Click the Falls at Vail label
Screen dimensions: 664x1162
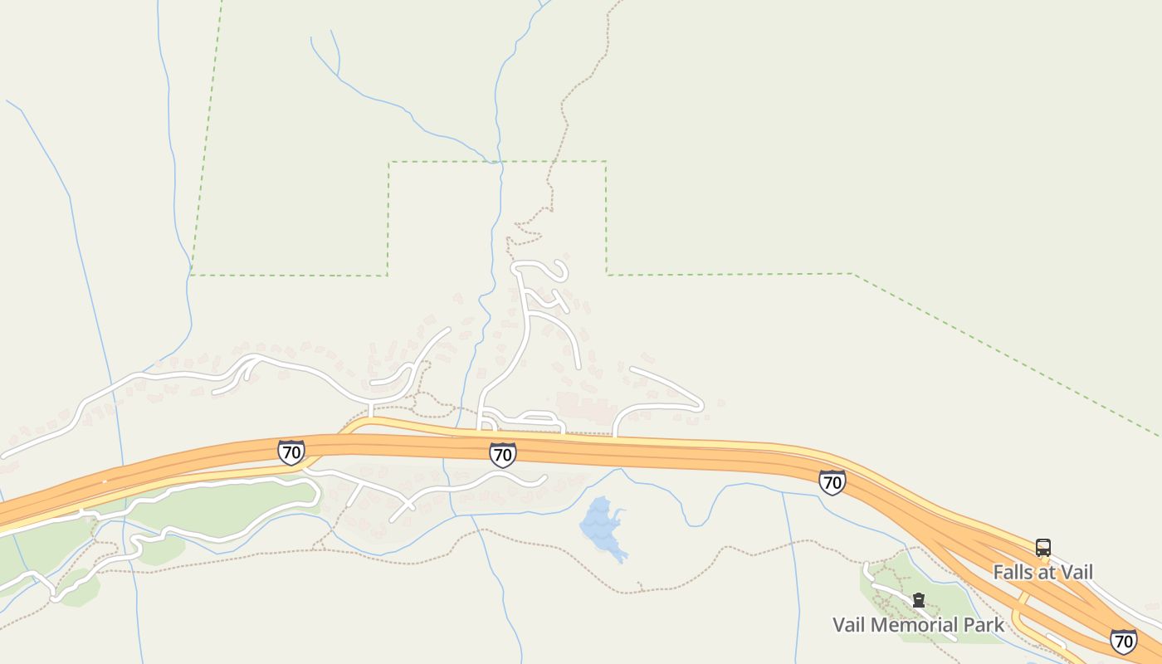[x=1042, y=572]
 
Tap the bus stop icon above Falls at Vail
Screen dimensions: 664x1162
[x=1043, y=548]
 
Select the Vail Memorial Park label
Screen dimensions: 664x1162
[x=918, y=624]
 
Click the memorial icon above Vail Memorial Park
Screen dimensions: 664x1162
[x=919, y=600]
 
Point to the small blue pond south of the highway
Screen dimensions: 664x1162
[x=603, y=526]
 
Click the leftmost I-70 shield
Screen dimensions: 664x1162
[x=290, y=452]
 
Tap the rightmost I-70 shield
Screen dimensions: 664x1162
[x=1123, y=641]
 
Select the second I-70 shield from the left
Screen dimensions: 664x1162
[x=502, y=454]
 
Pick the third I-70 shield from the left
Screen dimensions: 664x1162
[x=832, y=482]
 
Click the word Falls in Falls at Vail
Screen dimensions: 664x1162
[x=1013, y=572]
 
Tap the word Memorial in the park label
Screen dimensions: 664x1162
[x=920, y=624]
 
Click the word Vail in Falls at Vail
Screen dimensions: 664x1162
[x=1077, y=572]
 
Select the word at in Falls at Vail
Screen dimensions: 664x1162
[x=1046, y=572]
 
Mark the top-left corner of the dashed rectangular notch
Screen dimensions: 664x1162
[x=388, y=162]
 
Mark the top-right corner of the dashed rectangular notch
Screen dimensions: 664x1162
[x=606, y=162]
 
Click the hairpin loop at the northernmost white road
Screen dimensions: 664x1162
[x=561, y=271]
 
